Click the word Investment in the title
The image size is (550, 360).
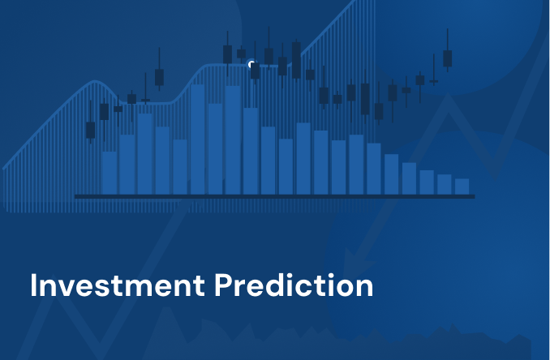click(116, 286)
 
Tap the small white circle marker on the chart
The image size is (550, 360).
click(251, 64)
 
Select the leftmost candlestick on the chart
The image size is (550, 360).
click(90, 130)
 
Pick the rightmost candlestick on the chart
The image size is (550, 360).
click(447, 58)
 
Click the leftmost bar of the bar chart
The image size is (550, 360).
click(110, 172)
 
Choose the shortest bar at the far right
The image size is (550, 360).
click(462, 186)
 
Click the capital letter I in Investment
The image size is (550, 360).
click(34, 286)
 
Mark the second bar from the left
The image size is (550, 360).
click(127, 164)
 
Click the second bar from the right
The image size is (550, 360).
click(445, 184)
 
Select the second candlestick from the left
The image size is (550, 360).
click(104, 111)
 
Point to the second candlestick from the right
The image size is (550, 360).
click(434, 81)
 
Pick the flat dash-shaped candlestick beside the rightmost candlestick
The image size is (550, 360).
click(434, 81)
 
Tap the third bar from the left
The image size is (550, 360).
click(145, 153)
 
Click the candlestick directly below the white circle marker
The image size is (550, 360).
click(255, 71)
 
